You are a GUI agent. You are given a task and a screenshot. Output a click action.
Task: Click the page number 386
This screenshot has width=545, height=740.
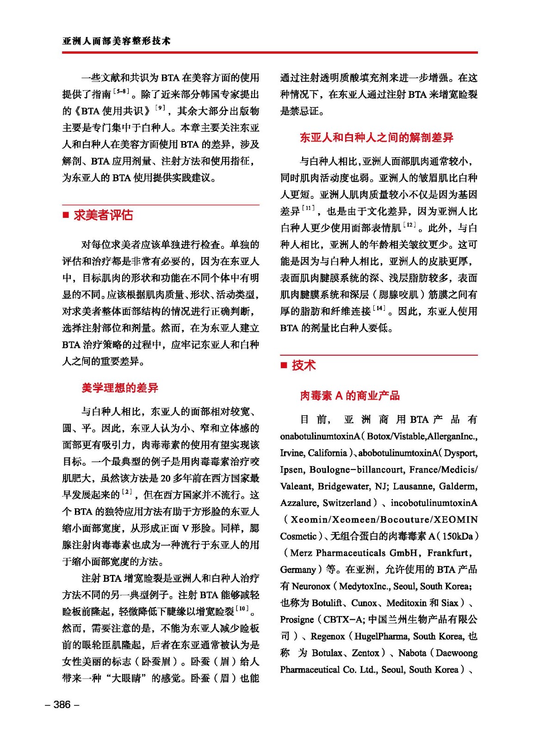62,704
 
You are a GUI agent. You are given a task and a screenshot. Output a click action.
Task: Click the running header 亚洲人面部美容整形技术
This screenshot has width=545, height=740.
117,41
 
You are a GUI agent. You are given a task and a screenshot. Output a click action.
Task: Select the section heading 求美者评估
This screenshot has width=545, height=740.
103,215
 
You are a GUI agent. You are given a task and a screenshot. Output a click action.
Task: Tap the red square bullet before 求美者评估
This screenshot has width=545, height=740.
66,215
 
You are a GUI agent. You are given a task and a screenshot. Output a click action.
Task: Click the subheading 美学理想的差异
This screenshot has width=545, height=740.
120,388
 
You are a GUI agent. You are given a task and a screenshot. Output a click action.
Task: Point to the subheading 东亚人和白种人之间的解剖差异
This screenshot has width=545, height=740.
376,137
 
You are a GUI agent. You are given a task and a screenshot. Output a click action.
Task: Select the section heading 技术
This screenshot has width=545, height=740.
303,365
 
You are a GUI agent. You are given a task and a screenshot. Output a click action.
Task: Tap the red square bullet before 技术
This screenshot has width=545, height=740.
284,366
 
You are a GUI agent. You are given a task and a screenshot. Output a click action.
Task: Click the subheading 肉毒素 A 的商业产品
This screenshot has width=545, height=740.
350,395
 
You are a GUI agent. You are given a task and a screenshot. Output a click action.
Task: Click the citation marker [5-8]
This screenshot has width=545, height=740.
121,92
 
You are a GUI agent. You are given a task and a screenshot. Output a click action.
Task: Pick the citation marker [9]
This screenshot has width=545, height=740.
160,108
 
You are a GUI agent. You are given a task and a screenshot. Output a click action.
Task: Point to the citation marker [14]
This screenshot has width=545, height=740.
379,308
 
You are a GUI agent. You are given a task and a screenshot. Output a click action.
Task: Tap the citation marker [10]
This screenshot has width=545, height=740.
242,608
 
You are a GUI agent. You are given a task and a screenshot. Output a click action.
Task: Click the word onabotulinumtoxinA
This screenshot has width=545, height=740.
320,436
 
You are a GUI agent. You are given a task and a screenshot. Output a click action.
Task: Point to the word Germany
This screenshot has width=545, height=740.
298,570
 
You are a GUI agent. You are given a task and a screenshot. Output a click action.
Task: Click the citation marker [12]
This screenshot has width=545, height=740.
409,225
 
